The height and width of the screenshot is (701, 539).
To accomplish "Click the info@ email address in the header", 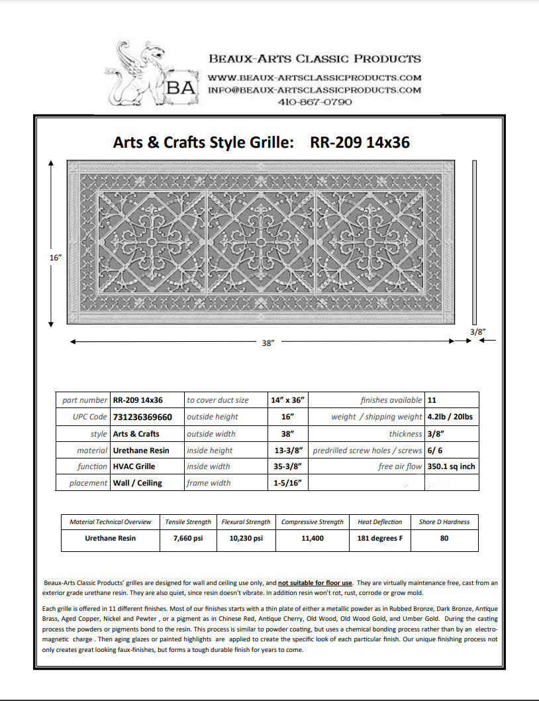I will point(315,89).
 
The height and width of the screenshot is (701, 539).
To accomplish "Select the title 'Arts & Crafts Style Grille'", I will point(203,142).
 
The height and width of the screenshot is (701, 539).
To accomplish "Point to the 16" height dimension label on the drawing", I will point(55,257).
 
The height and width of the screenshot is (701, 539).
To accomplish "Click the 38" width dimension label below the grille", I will point(268,344).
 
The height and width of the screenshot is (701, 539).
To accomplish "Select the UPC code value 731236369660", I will point(142,417).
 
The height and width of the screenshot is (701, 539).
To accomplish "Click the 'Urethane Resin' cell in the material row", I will point(141,450).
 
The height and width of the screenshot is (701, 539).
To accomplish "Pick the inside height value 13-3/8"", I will point(287,450).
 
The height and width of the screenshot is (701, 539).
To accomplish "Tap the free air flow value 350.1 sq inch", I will point(451,466).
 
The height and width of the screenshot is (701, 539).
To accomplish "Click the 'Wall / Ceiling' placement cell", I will point(137,483).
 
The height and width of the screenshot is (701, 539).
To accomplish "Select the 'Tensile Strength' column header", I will point(189,522).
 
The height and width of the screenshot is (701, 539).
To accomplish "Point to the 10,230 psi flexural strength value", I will point(246,538).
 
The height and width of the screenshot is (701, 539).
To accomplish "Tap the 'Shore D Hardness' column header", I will point(444,522).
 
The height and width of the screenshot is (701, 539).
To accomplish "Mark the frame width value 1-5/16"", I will point(287,483).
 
